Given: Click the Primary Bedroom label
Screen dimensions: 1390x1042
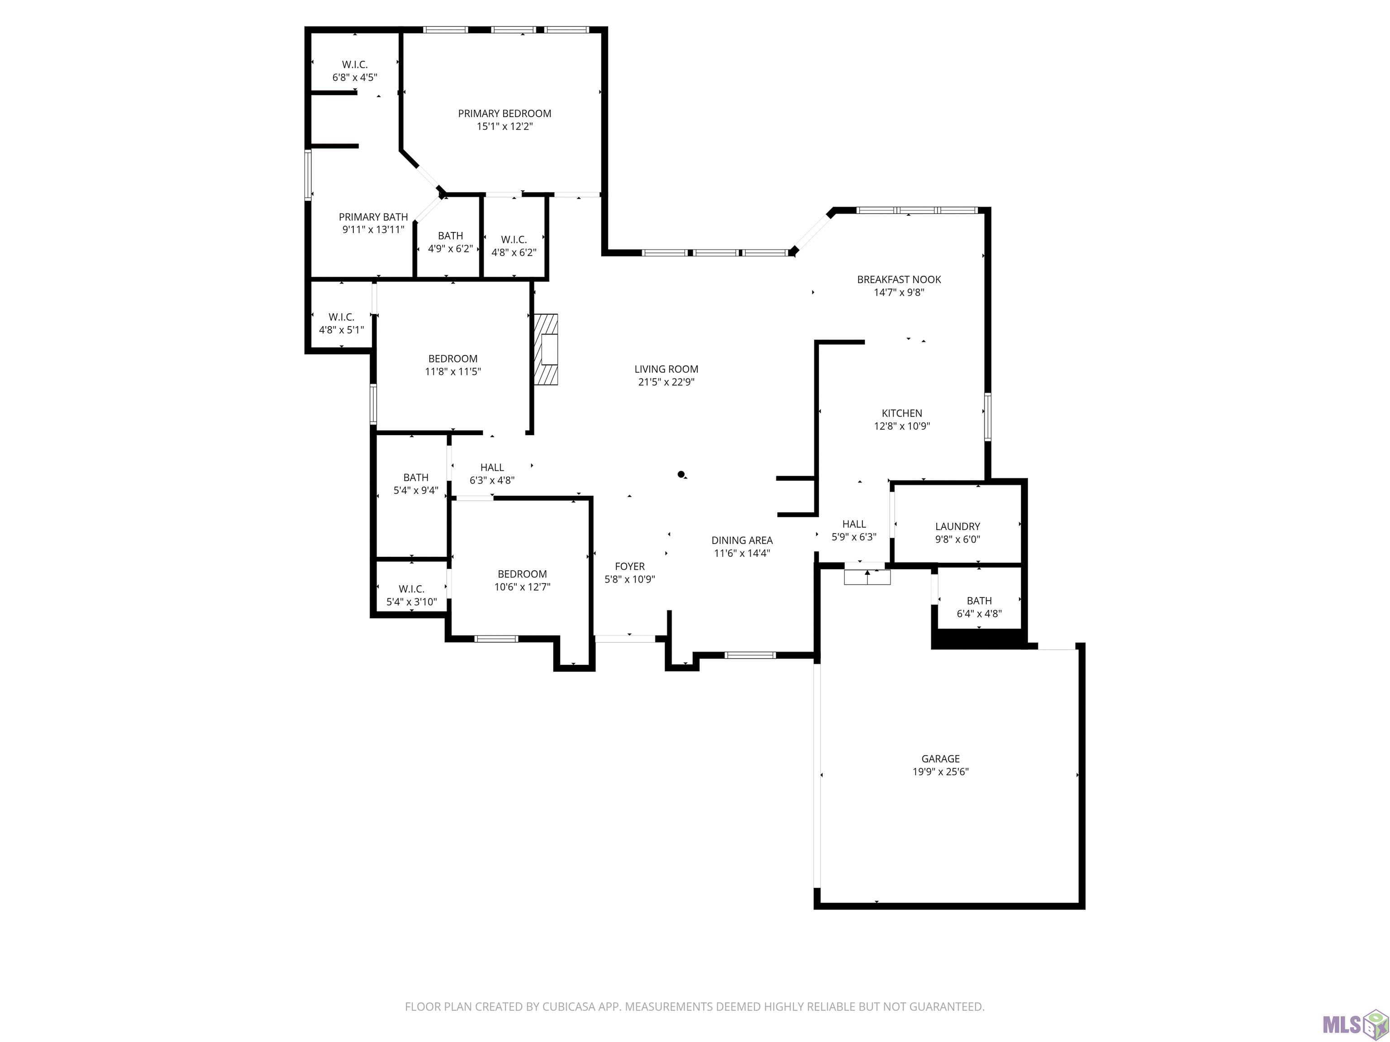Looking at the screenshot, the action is tap(505, 114).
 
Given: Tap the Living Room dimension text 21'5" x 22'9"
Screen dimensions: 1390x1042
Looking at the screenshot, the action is tap(666, 382).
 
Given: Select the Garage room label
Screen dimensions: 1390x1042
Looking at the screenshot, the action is tap(941, 759).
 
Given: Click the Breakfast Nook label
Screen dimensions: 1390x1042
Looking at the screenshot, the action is tap(899, 279).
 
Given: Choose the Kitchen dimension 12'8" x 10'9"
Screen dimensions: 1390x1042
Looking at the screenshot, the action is tap(902, 426).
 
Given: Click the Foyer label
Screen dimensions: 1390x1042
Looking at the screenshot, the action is tap(630, 567).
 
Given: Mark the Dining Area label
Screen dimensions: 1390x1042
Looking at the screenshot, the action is tap(742, 540).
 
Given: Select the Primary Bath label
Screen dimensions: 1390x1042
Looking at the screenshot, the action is tap(373, 217).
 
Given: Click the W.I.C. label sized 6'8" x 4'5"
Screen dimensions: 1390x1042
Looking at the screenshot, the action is tap(355, 64).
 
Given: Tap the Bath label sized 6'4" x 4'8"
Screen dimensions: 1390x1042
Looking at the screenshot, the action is tap(979, 601).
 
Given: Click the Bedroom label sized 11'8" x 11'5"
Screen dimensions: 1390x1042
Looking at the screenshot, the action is tap(453, 359).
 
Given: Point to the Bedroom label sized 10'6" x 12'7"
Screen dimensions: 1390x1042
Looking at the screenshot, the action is tap(522, 573).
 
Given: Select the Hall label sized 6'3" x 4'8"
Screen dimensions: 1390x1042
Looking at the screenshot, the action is tap(492, 467).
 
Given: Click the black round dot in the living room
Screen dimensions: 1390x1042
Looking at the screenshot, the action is tap(681, 474).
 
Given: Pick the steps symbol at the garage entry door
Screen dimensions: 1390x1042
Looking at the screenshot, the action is tap(867, 577).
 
